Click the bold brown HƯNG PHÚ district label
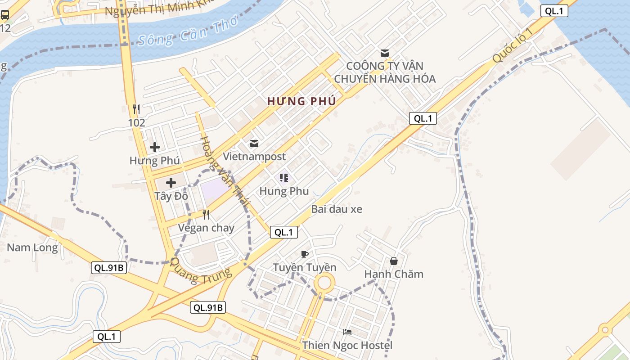301,101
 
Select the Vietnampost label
254,157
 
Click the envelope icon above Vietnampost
254,144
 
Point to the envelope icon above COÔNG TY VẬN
385,53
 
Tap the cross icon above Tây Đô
171,183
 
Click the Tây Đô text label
171,196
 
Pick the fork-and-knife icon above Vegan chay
206,215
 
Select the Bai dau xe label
337,209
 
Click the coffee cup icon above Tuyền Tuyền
305,254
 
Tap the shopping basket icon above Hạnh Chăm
394,261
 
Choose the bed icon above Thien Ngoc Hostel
347,333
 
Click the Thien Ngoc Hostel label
347,346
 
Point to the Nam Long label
32,247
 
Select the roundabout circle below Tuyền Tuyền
324,283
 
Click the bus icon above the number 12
5,15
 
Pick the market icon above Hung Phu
284,178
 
